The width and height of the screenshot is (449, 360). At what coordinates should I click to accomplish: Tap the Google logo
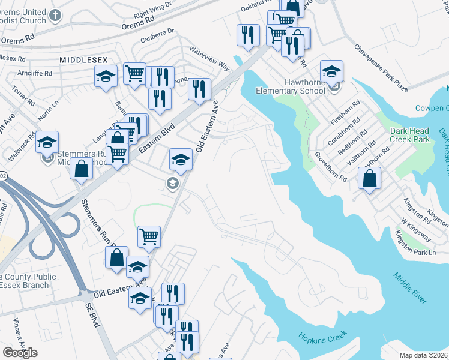(20, 352)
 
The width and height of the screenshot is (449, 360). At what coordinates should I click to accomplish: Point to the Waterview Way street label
(209, 58)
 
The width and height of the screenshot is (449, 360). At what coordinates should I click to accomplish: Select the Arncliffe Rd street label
(35, 73)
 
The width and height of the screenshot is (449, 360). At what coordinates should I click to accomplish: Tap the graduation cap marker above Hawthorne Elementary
(331, 71)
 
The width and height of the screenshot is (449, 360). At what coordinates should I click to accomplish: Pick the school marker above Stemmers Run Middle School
(47, 142)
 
